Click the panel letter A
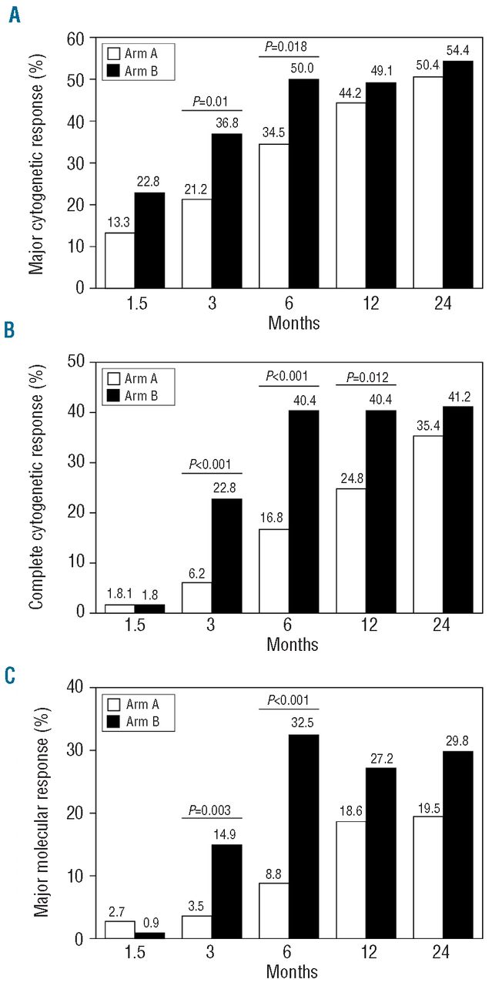pos(15,15)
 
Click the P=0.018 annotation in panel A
pos(288,47)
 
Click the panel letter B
pos(10,331)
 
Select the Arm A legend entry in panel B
pos(132,378)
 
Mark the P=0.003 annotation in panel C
pos(211,810)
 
